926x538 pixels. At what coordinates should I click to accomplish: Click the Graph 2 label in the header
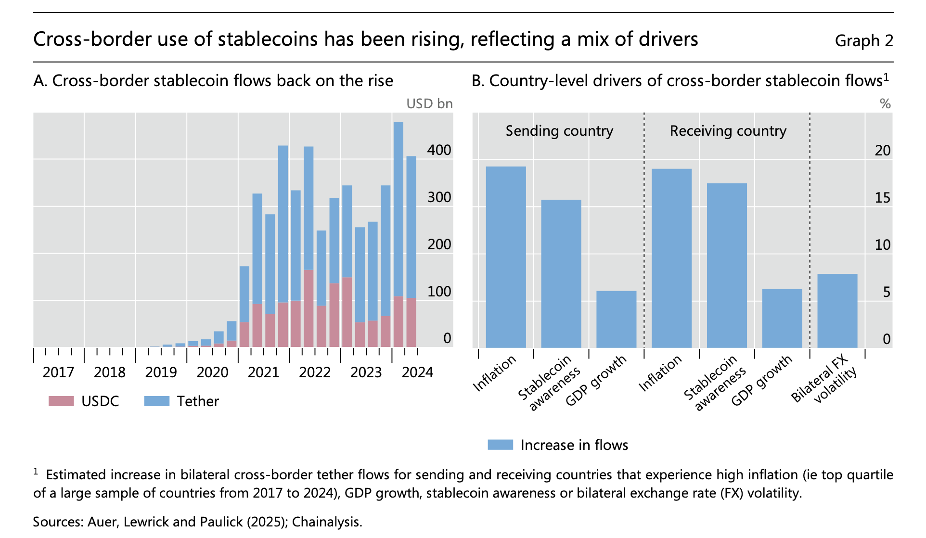pyautogui.click(x=863, y=41)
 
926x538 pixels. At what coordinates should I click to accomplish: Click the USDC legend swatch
pyautogui.click(x=61, y=401)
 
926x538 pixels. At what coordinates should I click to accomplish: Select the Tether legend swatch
pyautogui.click(x=156, y=401)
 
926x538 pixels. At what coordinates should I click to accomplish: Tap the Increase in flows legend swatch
pyautogui.click(x=500, y=445)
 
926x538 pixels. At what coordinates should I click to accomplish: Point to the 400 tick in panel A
pyautogui.click(x=439, y=150)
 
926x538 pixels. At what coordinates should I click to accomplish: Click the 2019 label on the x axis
pyautogui.click(x=161, y=372)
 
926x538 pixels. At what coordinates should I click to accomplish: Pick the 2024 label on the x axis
pyautogui.click(x=417, y=372)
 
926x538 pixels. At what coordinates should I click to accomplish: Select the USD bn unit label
pyautogui.click(x=429, y=104)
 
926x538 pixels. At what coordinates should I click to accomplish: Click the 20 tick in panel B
pyautogui.click(x=882, y=151)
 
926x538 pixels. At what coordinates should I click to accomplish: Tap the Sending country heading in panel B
pyautogui.click(x=559, y=131)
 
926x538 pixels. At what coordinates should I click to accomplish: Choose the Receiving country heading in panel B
pyautogui.click(x=728, y=131)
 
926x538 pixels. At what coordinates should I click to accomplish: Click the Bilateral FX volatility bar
pyautogui.click(x=837, y=310)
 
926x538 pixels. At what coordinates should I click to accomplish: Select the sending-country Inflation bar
pyautogui.click(x=505, y=257)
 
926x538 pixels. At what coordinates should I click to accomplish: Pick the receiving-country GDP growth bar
pyautogui.click(x=782, y=318)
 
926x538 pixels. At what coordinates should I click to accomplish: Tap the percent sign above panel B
pyautogui.click(x=885, y=104)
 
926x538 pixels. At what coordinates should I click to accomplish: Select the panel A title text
pyautogui.click(x=213, y=81)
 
